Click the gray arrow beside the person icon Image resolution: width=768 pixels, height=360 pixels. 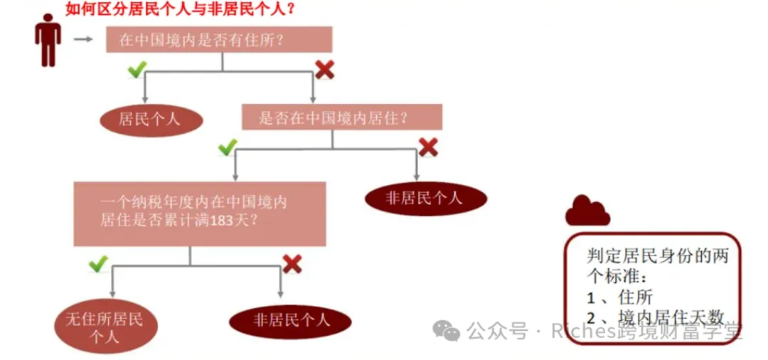click(83, 39)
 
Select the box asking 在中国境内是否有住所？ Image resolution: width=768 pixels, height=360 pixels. click(218, 39)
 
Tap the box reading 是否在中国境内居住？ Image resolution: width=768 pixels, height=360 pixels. click(341, 117)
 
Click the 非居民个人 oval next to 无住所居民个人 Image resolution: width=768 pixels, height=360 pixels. click(290, 321)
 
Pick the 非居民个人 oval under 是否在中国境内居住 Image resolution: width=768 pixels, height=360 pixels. click(425, 198)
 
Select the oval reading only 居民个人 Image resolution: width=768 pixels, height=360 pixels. click(151, 119)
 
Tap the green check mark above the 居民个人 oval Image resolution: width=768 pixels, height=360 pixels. click(137, 69)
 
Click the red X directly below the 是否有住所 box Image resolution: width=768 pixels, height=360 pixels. click(325, 69)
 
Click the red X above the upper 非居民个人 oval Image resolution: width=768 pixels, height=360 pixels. click(427, 147)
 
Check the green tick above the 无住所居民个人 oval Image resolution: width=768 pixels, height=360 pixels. click(97, 264)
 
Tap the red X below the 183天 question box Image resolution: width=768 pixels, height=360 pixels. click(292, 264)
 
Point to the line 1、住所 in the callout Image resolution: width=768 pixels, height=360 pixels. click(619, 298)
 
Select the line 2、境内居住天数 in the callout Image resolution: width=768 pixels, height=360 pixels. click(654, 318)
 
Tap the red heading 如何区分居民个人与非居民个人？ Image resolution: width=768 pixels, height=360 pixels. click(181, 9)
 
